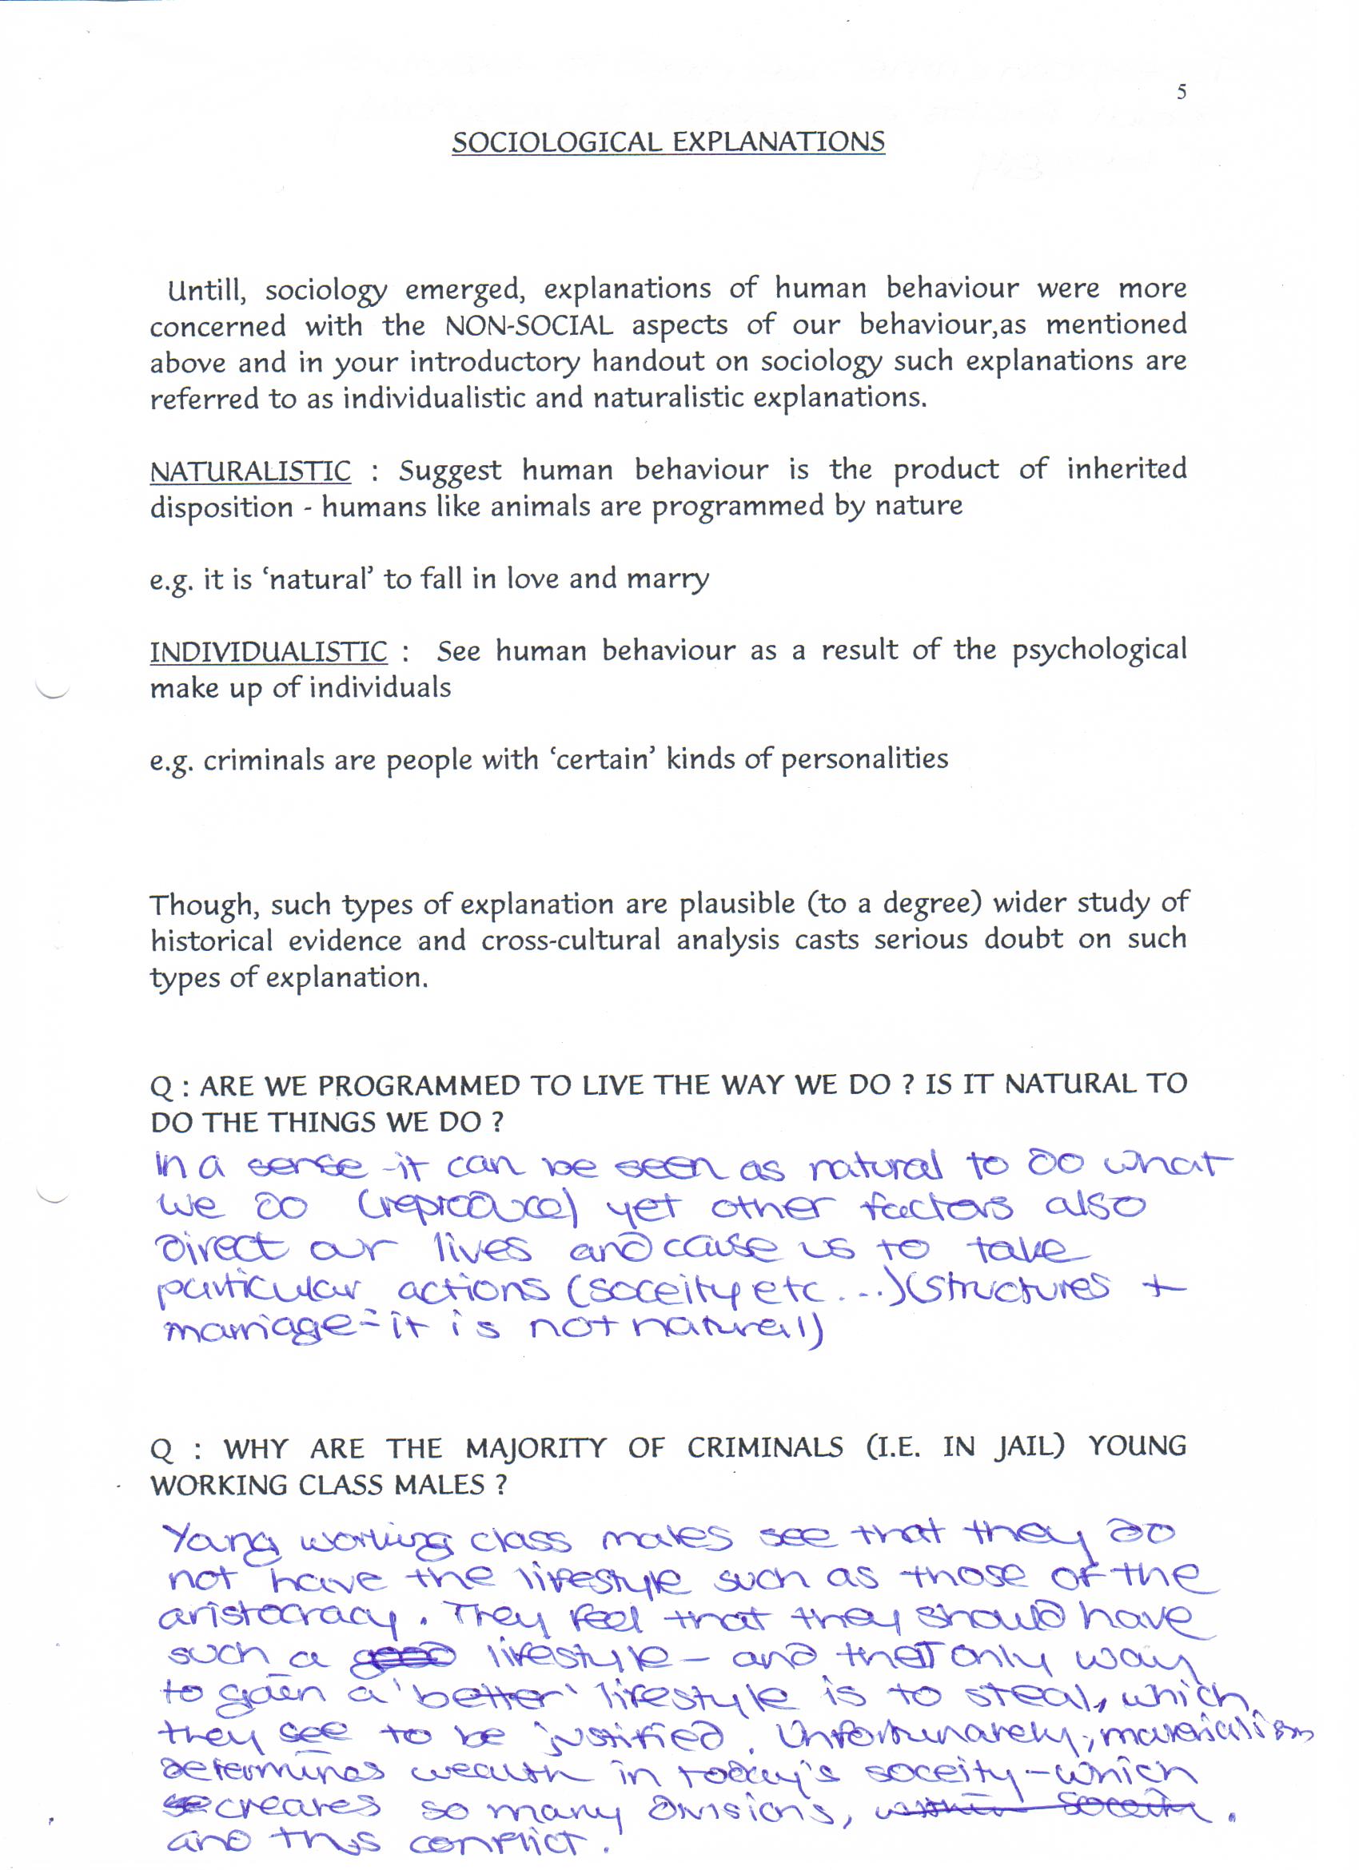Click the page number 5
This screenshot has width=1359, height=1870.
tap(1181, 92)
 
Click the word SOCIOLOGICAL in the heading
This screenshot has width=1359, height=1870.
tap(556, 141)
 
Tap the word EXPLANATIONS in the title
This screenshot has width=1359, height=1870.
tap(779, 141)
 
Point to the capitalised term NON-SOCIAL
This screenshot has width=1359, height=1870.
tap(528, 326)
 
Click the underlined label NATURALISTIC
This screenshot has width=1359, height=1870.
tap(250, 471)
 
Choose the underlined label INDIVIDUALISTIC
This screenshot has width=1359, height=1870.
tap(268, 652)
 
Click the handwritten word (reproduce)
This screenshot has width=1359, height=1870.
tap(468, 1210)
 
